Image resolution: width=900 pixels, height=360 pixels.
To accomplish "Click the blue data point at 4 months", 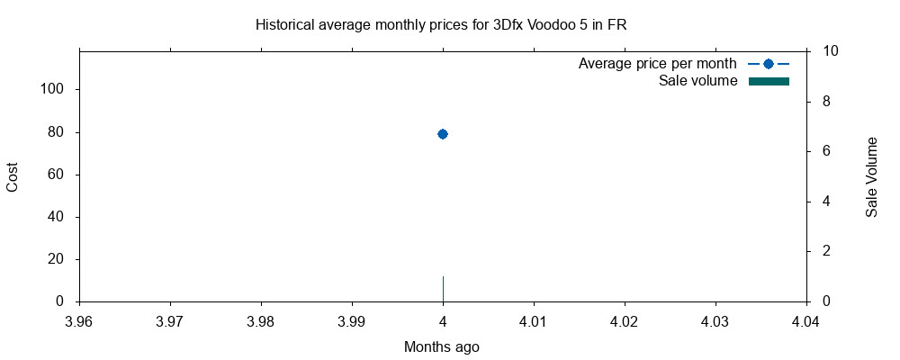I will point(442,133).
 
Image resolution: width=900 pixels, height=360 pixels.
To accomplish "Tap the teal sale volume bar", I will point(443,289).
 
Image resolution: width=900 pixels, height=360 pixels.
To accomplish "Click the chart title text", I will point(441,25).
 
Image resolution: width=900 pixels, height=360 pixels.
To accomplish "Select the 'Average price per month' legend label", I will point(657,64).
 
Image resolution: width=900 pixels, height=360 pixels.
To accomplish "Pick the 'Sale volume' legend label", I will point(697,81).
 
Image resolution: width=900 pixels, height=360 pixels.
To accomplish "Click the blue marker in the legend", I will point(768,64).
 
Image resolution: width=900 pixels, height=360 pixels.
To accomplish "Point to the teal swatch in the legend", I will point(768,81).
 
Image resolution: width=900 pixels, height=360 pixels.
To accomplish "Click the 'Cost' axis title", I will point(13,175).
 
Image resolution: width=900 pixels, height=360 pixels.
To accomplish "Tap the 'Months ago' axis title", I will point(441,346).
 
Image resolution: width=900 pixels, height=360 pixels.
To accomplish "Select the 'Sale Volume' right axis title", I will point(871,176).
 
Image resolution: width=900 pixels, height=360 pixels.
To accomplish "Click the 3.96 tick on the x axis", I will point(79,320).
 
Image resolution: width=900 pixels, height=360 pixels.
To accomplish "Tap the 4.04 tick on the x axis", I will point(805,320).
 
